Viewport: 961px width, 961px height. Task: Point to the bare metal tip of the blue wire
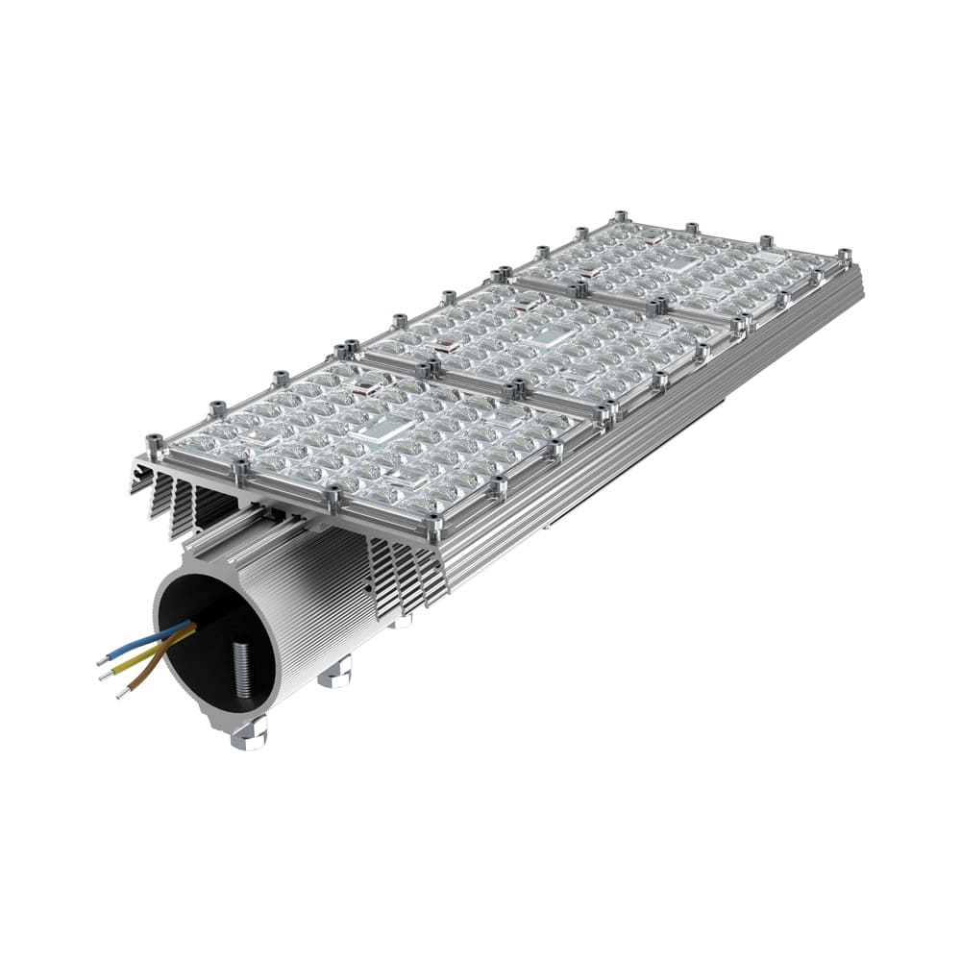pos(102,662)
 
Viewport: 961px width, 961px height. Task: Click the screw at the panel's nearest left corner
pos(153,444)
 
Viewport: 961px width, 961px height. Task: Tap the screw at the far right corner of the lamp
pos(844,256)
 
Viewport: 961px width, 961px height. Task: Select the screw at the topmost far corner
pos(621,217)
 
